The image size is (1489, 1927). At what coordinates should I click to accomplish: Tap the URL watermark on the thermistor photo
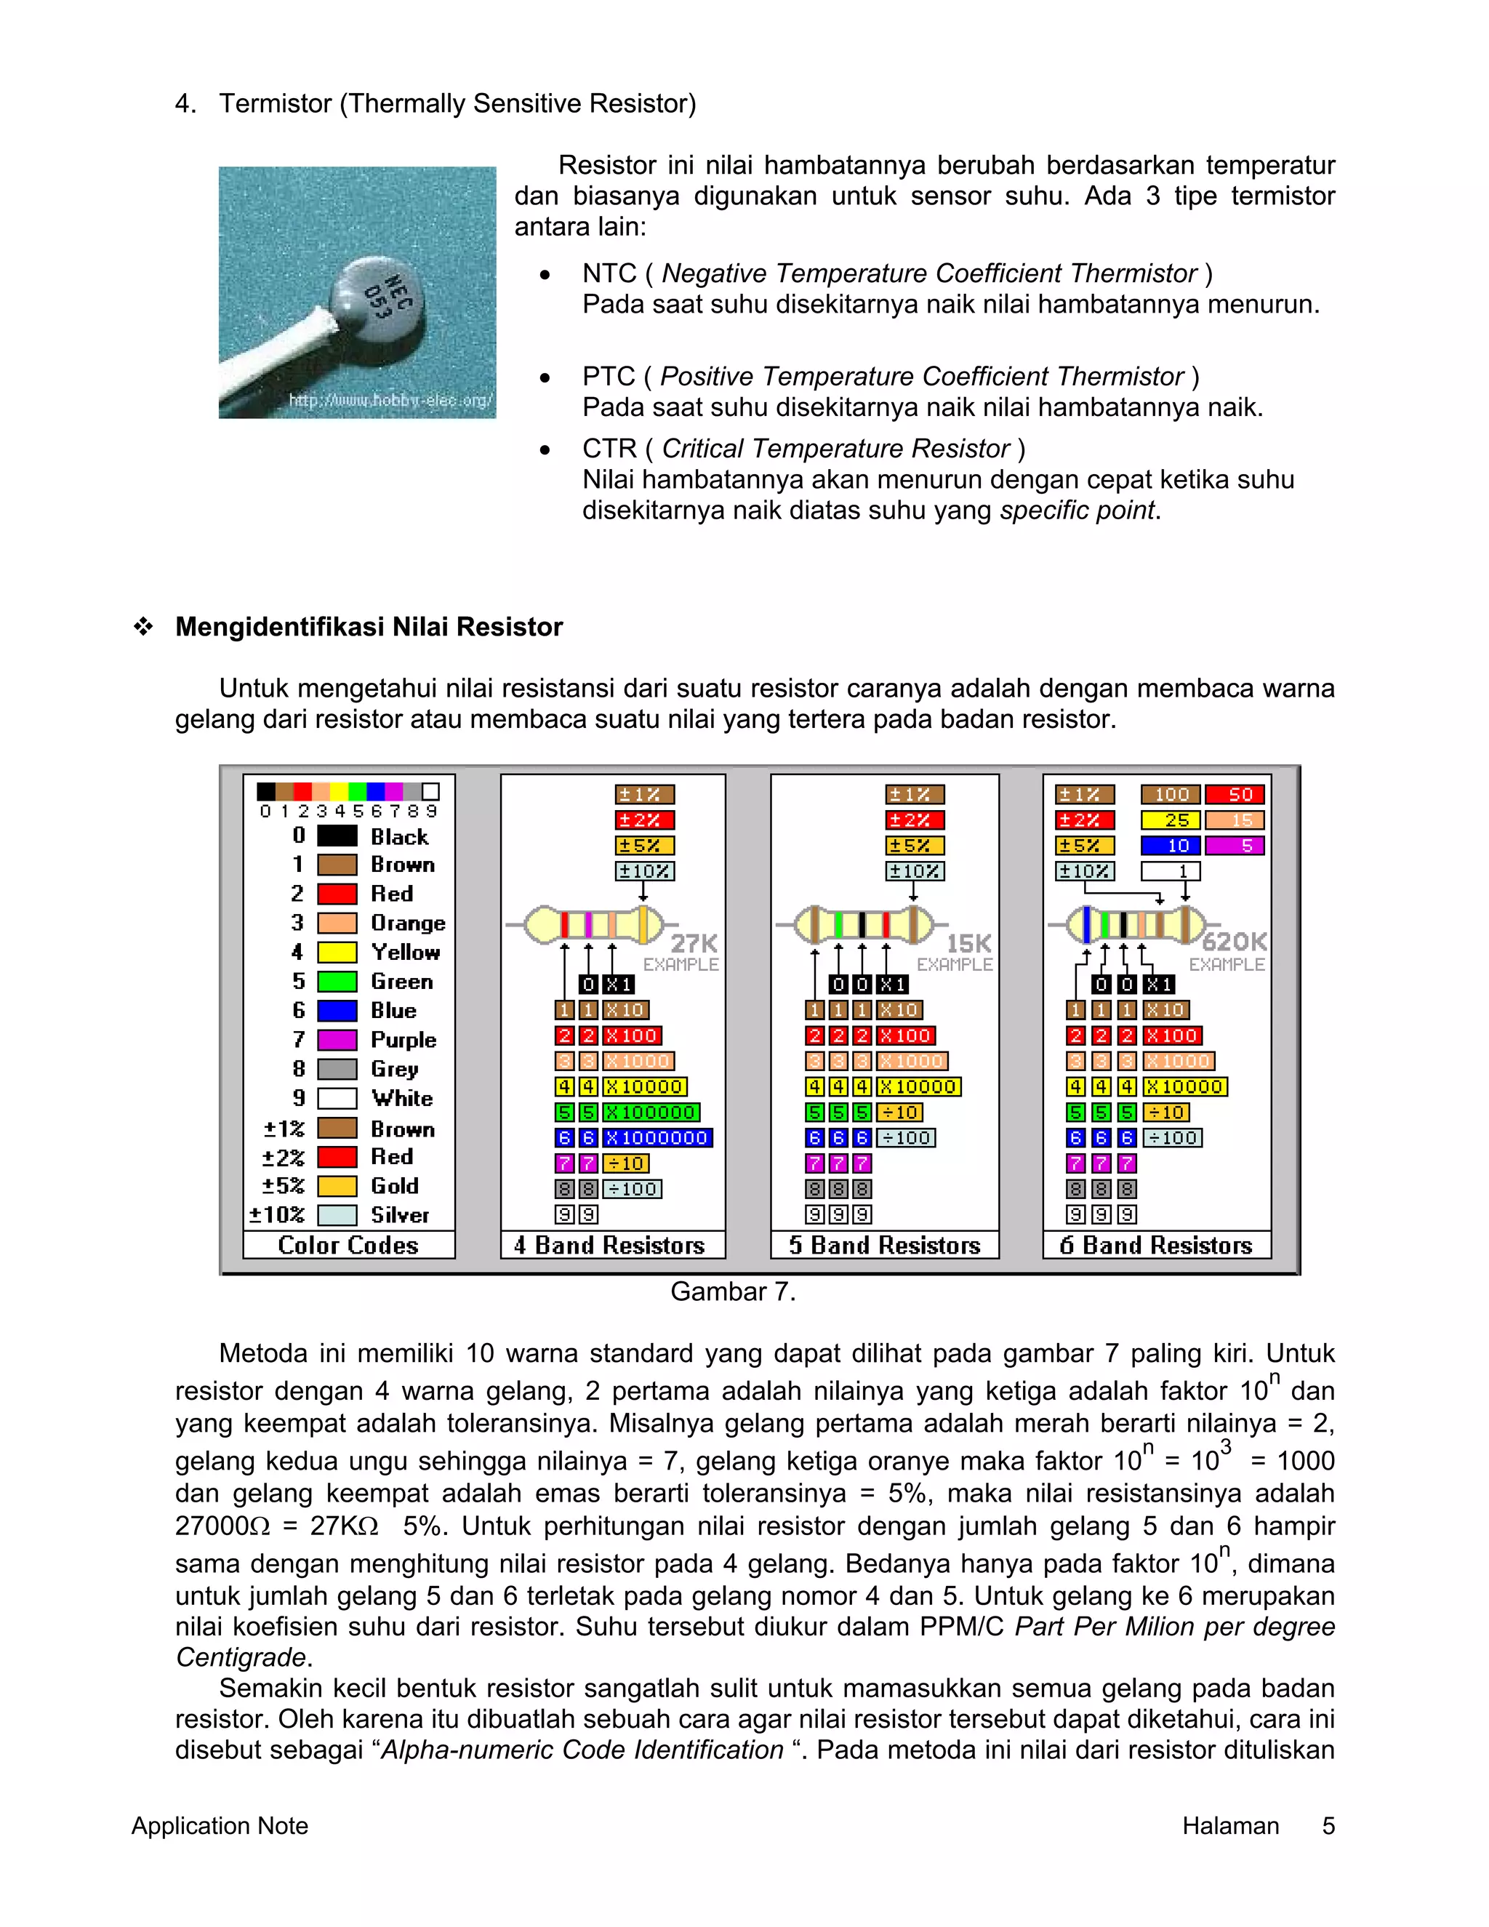[390, 401]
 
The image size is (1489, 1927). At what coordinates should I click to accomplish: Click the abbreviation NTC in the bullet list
[609, 273]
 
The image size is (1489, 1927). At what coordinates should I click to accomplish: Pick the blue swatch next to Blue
[337, 1010]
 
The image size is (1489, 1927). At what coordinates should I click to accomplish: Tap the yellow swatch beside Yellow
[337, 952]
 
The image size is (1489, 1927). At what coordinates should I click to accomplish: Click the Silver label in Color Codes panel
[400, 1215]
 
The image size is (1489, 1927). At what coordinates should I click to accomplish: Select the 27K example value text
[694, 943]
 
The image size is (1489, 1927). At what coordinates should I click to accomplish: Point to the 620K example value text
[1234, 942]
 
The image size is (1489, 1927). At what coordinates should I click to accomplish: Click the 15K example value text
[968, 943]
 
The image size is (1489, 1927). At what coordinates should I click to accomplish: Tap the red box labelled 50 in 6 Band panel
[1235, 794]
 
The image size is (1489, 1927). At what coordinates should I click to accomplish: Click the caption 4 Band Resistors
[609, 1245]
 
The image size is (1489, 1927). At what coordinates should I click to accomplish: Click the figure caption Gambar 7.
[733, 1291]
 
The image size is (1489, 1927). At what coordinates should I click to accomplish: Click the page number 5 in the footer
[1328, 1825]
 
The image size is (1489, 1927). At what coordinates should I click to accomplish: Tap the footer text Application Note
[220, 1825]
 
